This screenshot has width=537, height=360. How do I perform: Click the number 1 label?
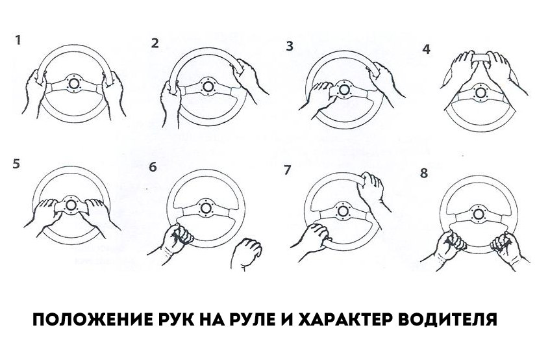point(18,40)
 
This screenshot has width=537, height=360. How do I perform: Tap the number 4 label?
point(426,49)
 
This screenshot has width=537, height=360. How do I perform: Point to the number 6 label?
point(153,167)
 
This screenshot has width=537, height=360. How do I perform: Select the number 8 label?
point(424,173)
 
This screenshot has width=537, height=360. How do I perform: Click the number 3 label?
point(290,46)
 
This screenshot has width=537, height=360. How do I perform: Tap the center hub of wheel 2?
point(208,86)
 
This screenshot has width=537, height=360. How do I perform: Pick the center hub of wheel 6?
point(205,208)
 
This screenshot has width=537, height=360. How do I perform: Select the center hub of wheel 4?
point(480,92)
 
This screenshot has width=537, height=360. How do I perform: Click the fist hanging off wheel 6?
point(246,253)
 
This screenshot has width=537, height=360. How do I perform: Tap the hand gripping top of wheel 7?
point(373,190)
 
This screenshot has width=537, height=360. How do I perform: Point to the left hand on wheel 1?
point(35,92)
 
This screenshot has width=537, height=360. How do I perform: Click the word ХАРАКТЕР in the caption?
point(344,320)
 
